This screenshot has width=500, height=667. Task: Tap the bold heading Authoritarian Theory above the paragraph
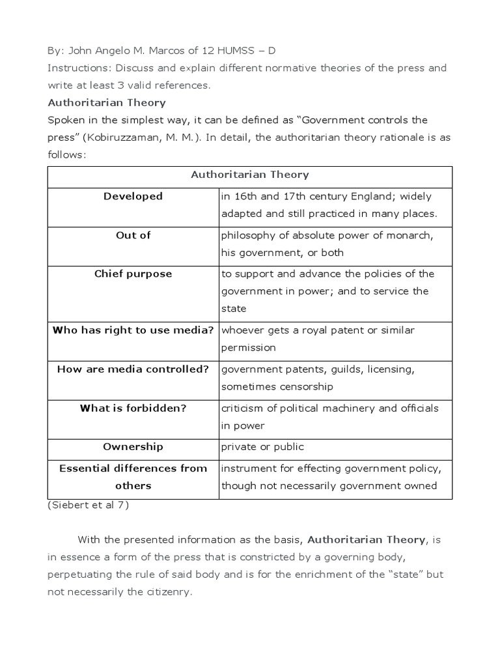tap(107, 102)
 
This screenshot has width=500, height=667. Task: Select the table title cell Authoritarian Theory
tap(249, 175)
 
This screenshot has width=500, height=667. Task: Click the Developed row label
tap(133, 196)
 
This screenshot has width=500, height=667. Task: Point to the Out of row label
tap(133, 235)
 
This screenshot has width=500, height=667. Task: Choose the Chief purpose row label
tap(133, 274)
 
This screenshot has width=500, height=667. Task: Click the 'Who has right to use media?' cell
tap(133, 330)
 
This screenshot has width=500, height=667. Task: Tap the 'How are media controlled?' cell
tap(133, 369)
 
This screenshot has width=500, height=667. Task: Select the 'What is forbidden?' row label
tap(133, 408)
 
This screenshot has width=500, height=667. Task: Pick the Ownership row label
tap(133, 447)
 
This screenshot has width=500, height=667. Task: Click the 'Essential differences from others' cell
tap(133, 477)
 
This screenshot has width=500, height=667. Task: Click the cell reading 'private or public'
tap(262, 447)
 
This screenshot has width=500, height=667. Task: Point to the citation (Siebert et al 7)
tap(88, 505)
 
